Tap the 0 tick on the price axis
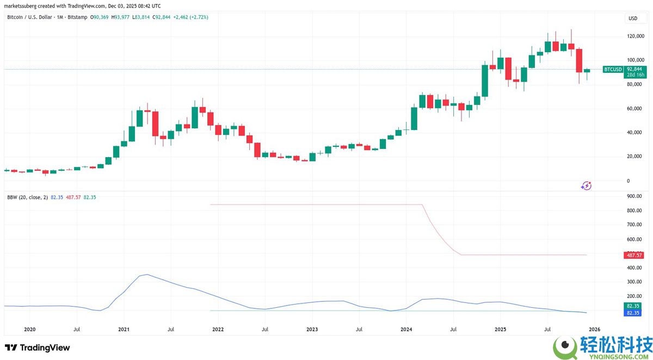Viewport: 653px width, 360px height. pyautogui.click(x=629, y=181)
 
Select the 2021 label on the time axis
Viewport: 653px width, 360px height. pyautogui.click(x=124, y=330)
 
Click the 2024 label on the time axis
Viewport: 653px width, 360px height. pyautogui.click(x=406, y=330)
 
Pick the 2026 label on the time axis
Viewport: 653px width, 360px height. pyautogui.click(x=594, y=330)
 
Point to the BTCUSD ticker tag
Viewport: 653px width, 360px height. pyautogui.click(x=613, y=70)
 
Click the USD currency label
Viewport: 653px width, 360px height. pyautogui.click(x=633, y=18)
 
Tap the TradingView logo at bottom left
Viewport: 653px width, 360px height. pyautogui.click(x=37, y=347)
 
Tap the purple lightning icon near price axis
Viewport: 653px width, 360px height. pyautogui.click(x=586, y=186)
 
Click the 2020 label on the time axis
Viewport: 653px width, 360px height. pyautogui.click(x=29, y=330)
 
